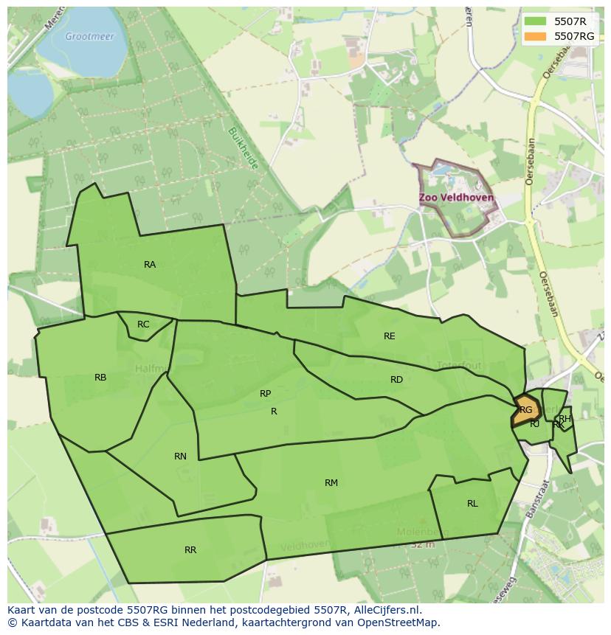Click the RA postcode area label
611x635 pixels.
coord(150,265)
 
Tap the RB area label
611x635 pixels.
coord(100,378)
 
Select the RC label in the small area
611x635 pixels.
coord(143,325)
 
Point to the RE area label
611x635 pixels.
coord(390,336)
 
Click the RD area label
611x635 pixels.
coord(396,380)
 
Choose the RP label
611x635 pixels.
coord(266,394)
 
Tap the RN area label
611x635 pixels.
coord(180,457)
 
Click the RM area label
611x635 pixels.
coord(331,483)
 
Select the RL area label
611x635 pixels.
coord(472,504)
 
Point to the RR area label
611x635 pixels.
coord(190,550)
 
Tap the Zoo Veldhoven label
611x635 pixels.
coord(456,198)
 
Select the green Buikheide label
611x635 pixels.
coord(243,148)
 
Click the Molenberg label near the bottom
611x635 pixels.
coord(422,532)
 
